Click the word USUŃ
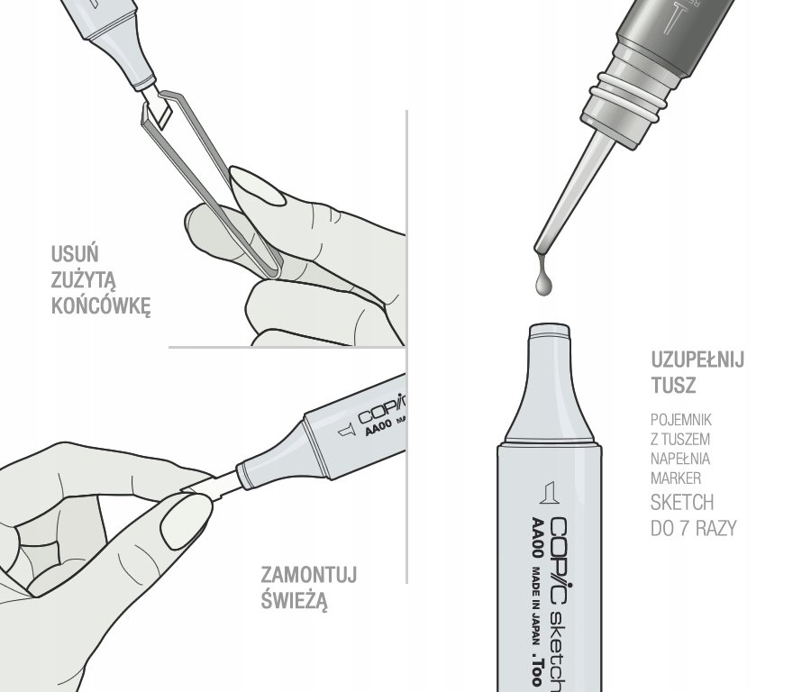point(75,254)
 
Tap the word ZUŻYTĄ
point(83,280)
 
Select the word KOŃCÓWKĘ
point(101,305)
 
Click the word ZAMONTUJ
point(309,575)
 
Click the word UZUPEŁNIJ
point(697,359)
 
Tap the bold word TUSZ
point(673,385)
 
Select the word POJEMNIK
point(680,420)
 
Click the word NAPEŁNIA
point(680,459)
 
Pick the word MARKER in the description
point(676,478)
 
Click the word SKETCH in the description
point(682,503)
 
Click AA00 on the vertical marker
point(537,538)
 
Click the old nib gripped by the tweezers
point(159,108)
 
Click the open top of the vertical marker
point(550,330)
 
